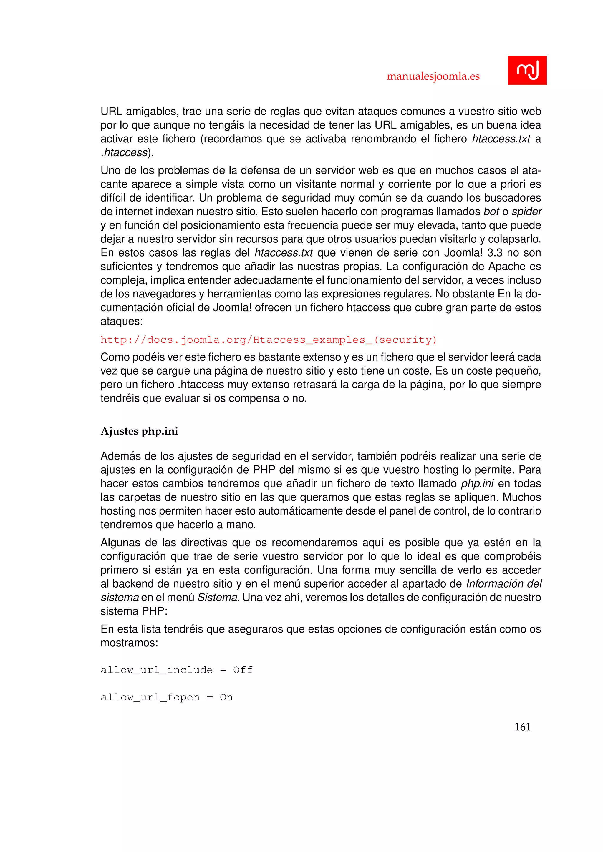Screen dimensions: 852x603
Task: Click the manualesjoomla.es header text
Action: pos(433,76)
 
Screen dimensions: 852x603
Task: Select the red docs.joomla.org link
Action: pos(269,340)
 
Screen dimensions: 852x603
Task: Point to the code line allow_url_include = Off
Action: pos(176,670)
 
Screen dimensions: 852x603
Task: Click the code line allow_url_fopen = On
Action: pos(166,697)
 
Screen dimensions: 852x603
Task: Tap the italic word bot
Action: pos(491,212)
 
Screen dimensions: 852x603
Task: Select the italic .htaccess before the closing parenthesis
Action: pos(124,152)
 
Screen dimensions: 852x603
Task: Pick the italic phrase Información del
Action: pos(503,584)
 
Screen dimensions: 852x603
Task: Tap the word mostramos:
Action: pos(129,643)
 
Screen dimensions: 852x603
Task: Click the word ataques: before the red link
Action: pos(121,321)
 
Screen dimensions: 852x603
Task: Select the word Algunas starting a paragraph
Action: pos(120,543)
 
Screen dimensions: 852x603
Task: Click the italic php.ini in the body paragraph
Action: pos(477,484)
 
